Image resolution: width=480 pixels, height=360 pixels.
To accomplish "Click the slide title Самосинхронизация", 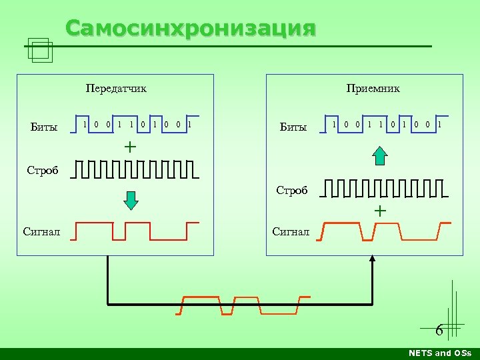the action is tap(191, 29).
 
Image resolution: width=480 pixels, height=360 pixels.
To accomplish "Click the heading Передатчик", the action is tap(116, 88).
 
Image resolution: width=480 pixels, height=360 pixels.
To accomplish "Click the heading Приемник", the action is tap(373, 88).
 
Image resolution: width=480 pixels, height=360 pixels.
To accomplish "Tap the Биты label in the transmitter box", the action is tap(44, 127).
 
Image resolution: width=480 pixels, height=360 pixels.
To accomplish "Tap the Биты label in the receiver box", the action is tap(293, 127).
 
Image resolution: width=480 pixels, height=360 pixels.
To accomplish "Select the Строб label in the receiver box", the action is tap(292, 191).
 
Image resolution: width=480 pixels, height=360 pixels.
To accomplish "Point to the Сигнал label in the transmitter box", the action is tap(41, 231).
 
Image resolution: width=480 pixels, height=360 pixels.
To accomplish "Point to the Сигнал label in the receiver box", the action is tap(291, 231).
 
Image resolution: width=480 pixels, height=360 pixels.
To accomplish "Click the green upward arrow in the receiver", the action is tap(379, 156).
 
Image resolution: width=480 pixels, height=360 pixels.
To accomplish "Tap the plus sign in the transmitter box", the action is tap(129, 146).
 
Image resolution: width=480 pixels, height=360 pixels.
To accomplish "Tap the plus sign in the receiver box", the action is tap(379, 211).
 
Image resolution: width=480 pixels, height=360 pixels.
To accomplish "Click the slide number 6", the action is tap(439, 330).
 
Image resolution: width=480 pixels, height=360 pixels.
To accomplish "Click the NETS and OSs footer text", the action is tap(439, 353).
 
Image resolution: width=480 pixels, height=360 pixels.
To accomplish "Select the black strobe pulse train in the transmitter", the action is tap(136, 170).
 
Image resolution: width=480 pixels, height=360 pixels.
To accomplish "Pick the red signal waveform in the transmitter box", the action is tap(136, 231).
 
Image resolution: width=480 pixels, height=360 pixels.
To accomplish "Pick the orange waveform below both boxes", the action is tap(244, 305).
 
